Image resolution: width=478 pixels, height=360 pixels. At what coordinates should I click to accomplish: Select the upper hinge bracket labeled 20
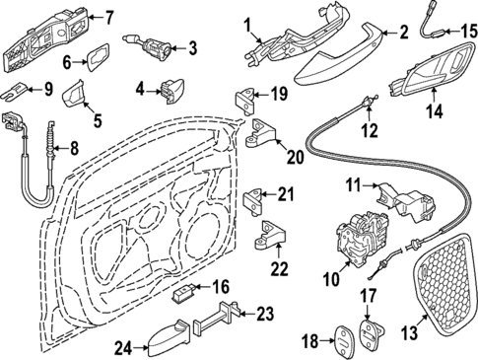click(263, 131)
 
